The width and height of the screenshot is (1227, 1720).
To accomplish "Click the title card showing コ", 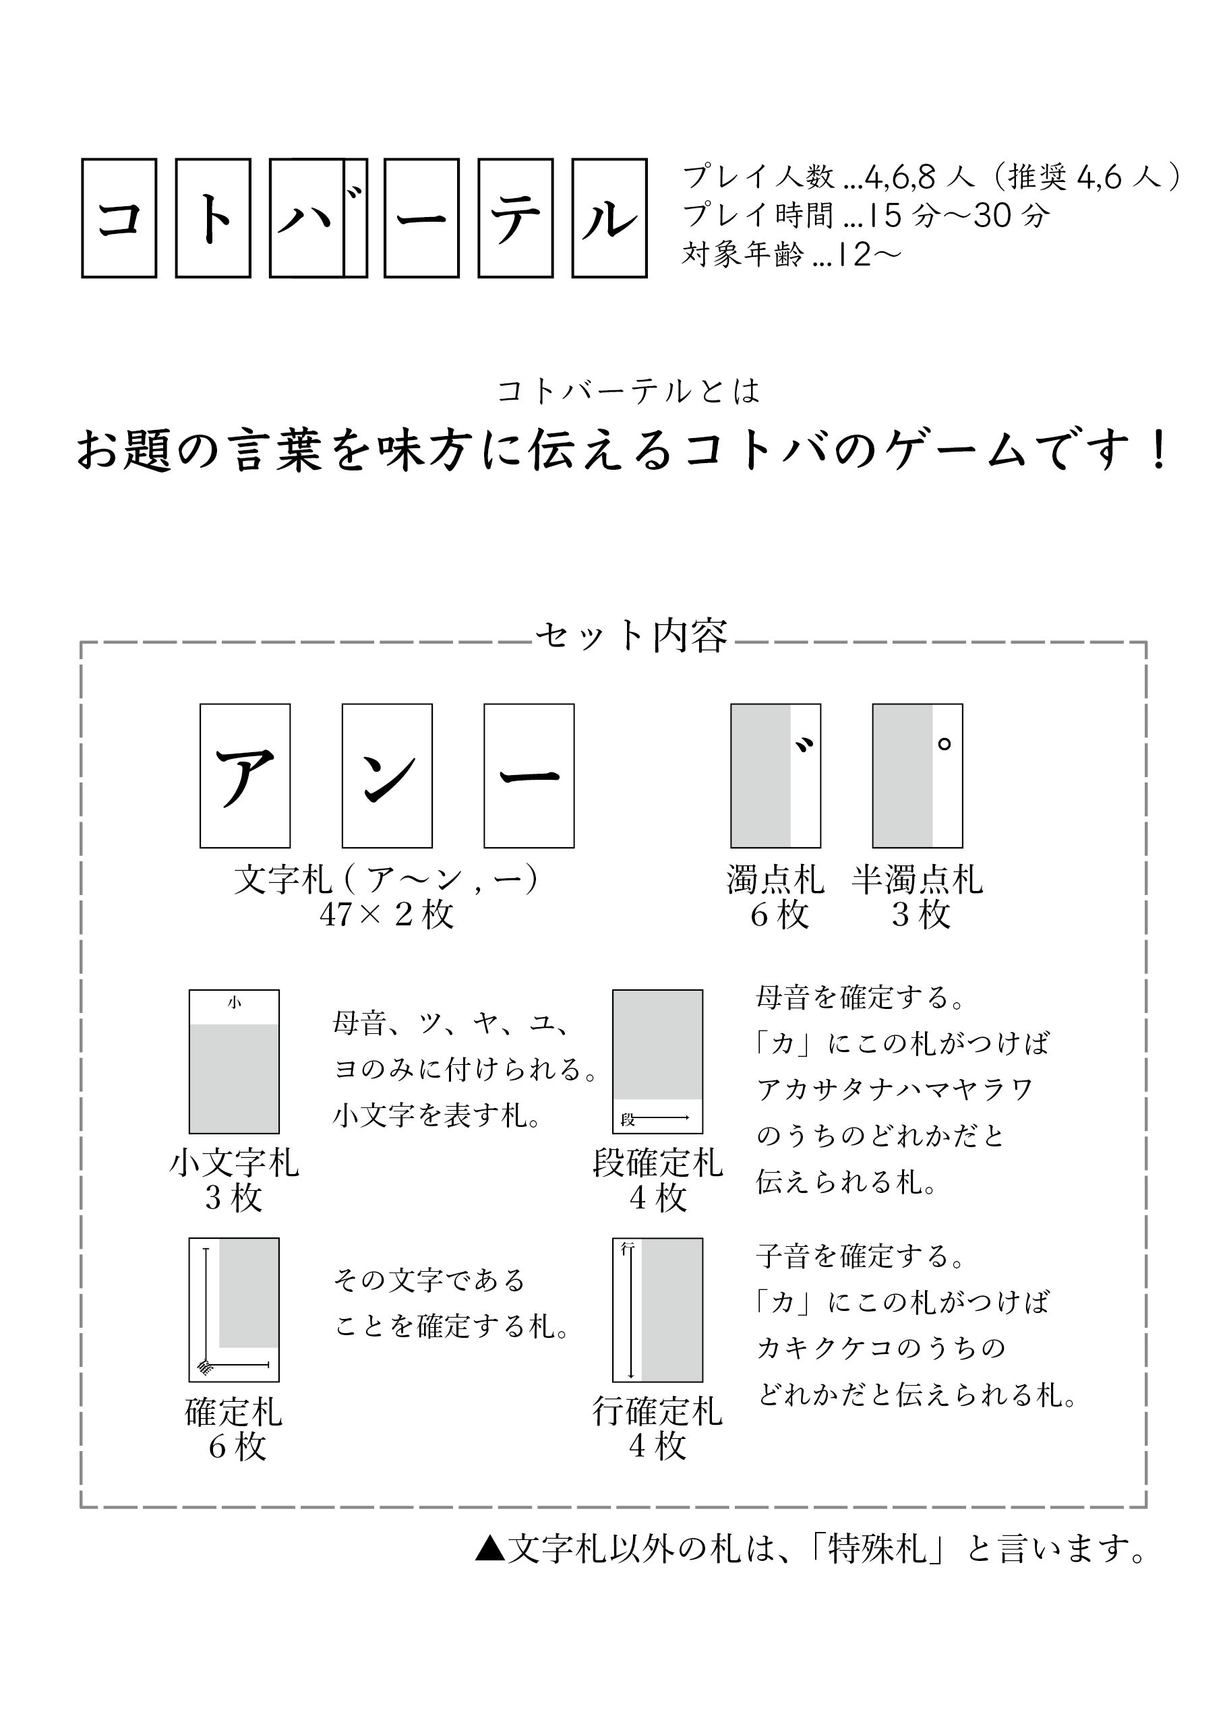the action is pyautogui.click(x=119, y=218).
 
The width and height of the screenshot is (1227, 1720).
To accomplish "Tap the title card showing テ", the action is pyautogui.click(x=516, y=218).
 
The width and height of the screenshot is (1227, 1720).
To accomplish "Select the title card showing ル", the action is pyautogui.click(x=609, y=218).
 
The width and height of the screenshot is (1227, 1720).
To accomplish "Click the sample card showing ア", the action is pyautogui.click(x=245, y=776).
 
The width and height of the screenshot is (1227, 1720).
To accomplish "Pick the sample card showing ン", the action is pyautogui.click(x=387, y=776).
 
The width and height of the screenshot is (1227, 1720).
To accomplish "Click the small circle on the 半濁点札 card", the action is pyautogui.click(x=944, y=744).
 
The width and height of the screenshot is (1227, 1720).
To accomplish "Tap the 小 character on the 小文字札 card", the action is pyautogui.click(x=234, y=1002).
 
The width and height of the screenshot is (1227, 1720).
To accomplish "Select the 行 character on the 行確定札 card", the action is pyautogui.click(x=626, y=1249).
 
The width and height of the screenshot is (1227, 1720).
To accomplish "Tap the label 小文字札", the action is pyautogui.click(x=234, y=1163).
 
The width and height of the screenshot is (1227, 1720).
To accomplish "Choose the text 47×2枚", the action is pyautogui.click(x=387, y=915).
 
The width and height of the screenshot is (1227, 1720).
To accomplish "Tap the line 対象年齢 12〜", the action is pyautogui.click(x=791, y=255).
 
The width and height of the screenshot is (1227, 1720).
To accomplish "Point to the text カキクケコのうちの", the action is pyautogui.click(x=881, y=1347).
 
